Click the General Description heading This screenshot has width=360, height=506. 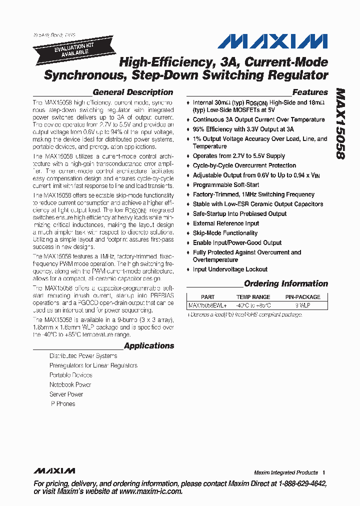[x=132, y=92]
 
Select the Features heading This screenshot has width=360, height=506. [x=310, y=92]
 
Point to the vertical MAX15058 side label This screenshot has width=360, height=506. [x=340, y=124]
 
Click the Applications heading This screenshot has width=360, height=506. [x=149, y=346]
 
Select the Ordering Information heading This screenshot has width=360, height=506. [x=286, y=284]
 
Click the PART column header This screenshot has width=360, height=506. [x=207, y=297]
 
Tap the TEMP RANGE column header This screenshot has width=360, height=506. [x=253, y=297]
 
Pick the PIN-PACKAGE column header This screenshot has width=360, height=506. [x=303, y=297]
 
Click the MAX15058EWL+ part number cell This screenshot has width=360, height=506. [x=207, y=305]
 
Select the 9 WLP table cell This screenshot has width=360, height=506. [x=303, y=305]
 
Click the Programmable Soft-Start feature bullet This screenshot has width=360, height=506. [x=226, y=185]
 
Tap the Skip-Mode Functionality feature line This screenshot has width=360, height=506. [x=225, y=233]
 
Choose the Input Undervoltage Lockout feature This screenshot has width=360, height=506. [x=230, y=269]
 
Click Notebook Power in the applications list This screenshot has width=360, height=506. [x=70, y=385]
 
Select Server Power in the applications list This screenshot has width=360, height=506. [x=66, y=394]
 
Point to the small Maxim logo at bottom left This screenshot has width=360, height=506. [x=54, y=471]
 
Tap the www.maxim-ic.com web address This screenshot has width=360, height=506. [x=150, y=491]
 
